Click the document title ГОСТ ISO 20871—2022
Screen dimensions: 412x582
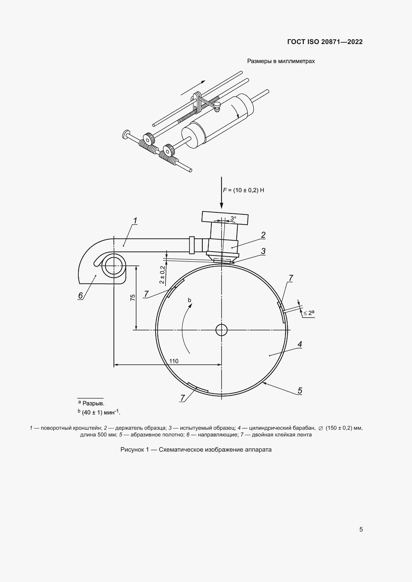click(x=325, y=42)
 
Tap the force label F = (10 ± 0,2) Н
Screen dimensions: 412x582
click(x=244, y=190)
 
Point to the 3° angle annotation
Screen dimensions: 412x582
click(x=233, y=218)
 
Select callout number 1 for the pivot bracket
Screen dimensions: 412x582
click(x=135, y=221)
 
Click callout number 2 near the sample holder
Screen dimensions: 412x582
click(x=263, y=235)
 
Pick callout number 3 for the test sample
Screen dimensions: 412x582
click(x=263, y=251)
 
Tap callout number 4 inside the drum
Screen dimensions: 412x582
click(x=300, y=344)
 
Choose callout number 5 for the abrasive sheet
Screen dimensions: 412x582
click(x=300, y=391)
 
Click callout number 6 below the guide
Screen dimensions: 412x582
click(x=80, y=296)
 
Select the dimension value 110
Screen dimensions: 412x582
click(x=174, y=361)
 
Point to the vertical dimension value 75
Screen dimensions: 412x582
click(x=133, y=298)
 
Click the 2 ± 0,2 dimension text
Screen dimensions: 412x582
click(x=162, y=274)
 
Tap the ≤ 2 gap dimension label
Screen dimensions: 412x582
click(x=309, y=313)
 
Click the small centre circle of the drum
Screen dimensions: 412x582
click(x=221, y=330)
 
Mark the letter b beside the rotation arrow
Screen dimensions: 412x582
click(x=189, y=300)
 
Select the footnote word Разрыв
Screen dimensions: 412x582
click(x=93, y=403)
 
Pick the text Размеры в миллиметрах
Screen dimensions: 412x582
click(x=281, y=61)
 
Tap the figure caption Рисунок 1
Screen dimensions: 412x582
click(x=135, y=450)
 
